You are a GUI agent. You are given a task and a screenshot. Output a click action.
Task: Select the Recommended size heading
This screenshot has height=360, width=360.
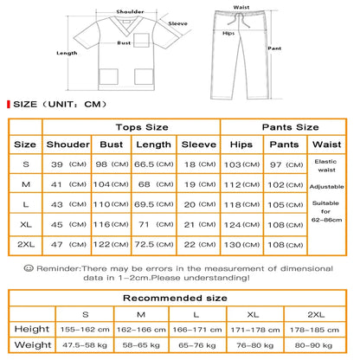point(180,299)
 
